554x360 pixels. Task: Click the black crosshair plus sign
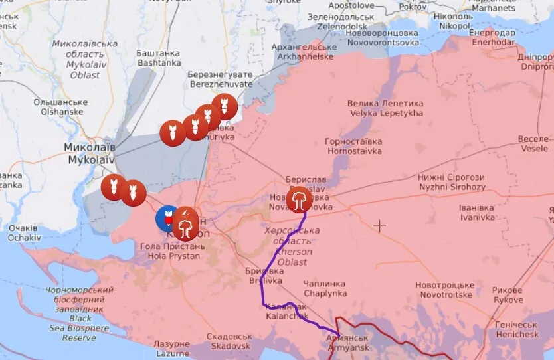coord(379,226)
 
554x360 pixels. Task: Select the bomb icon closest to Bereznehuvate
coord(224,106)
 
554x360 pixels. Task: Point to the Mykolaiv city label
coord(90,153)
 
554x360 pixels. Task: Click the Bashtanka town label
coord(158,58)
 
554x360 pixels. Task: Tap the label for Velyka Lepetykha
coord(385,108)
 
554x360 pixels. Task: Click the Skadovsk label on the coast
coord(229,341)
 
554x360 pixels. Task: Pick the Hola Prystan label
coord(170,250)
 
